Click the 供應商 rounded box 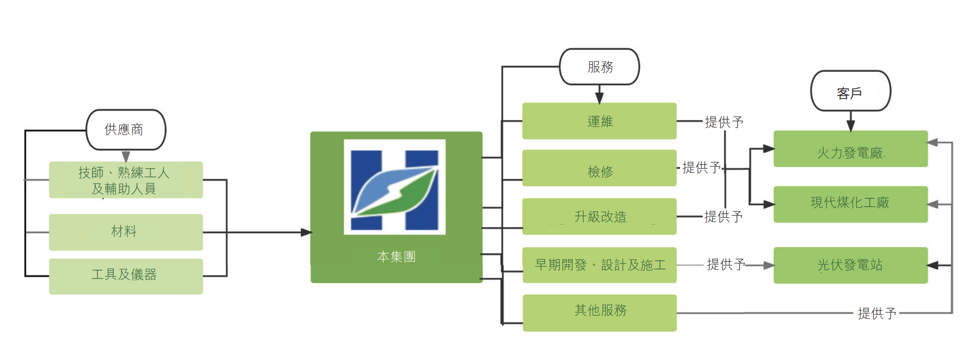pos(126,130)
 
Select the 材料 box pos(126,232)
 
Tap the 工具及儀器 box pos(126,276)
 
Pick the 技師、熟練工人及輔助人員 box pos(126,180)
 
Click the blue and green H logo pos(395,187)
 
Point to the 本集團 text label pos(396,257)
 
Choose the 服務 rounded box pos(599,67)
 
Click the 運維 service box pos(599,121)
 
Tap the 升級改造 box pos(599,217)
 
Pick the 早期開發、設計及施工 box pos(599,265)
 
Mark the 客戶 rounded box pos(851,91)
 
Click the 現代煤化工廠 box pos(851,204)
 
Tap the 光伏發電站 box pos(851,265)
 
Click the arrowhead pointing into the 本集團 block pos(306,232)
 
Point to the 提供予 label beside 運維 pos(724,122)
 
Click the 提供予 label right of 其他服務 pos(876,313)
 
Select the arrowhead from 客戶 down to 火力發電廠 pos(851,126)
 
